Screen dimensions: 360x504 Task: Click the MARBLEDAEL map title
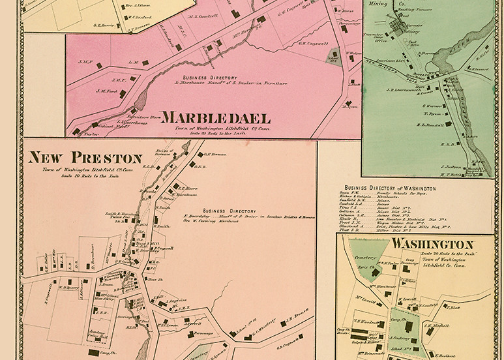[x=216, y=118]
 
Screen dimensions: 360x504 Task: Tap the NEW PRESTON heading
[x=85, y=158]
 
